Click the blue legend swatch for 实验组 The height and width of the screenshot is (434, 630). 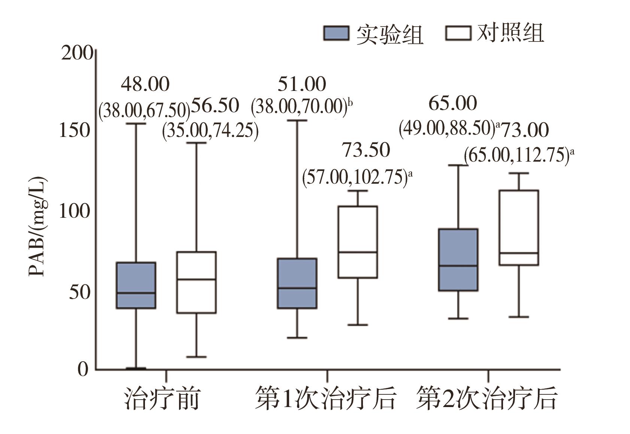click(x=336, y=33)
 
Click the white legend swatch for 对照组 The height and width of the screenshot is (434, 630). click(x=458, y=33)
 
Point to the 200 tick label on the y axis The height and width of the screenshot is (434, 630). click(x=77, y=53)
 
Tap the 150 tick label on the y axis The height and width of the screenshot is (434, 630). click(x=75, y=131)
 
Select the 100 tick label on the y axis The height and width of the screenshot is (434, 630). click(x=75, y=211)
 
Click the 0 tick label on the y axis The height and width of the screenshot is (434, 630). click(x=83, y=369)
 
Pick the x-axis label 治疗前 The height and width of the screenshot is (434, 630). click(x=161, y=399)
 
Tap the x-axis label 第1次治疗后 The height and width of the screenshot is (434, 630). click(x=325, y=399)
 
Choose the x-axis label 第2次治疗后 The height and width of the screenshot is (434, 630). click(x=487, y=399)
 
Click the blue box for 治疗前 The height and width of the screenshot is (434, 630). click(x=136, y=285)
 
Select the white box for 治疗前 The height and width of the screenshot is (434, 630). click(x=196, y=282)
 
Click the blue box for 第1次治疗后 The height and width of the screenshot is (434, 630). click(x=297, y=283)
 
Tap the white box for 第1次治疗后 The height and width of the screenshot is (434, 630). click(x=358, y=242)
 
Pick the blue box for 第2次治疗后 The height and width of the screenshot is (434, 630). click(x=458, y=259)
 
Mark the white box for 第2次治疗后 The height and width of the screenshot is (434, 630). click(x=519, y=227)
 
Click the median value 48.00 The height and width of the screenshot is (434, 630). click(x=145, y=84)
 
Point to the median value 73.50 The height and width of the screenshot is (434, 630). click(x=366, y=150)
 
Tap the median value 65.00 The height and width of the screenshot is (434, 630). click(x=452, y=103)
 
